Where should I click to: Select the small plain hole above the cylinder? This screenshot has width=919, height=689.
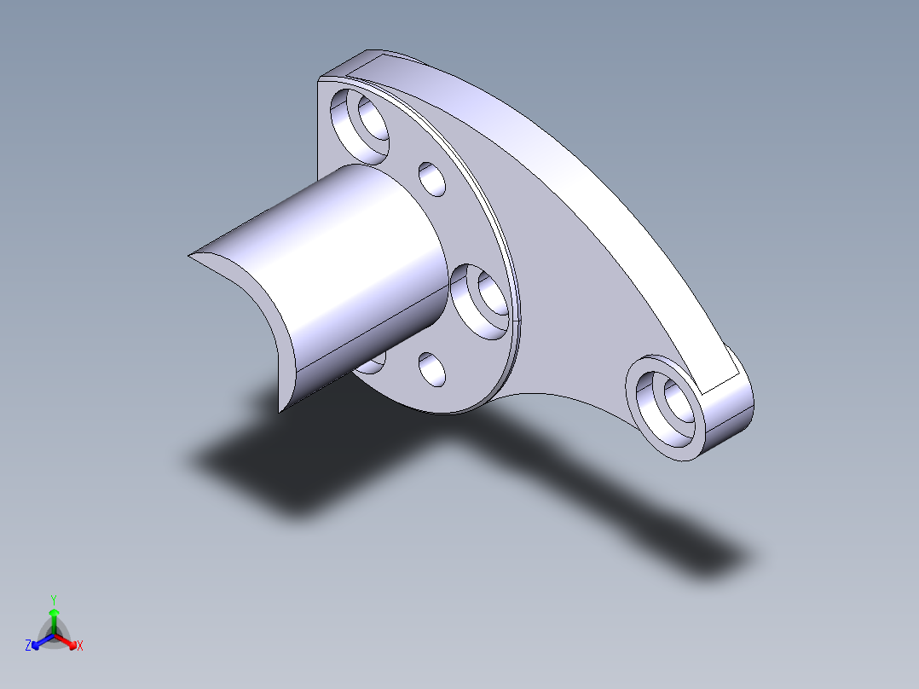pyautogui.click(x=433, y=179)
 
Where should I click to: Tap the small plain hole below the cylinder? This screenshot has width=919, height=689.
pyautogui.click(x=433, y=369)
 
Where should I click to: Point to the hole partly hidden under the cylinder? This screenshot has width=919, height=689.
pyautogui.click(x=372, y=365)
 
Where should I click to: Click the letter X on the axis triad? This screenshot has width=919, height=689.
pyautogui.click(x=80, y=646)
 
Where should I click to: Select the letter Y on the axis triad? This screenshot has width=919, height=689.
pyautogui.click(x=54, y=599)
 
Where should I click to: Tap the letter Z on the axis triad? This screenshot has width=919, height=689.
pyautogui.click(x=28, y=646)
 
